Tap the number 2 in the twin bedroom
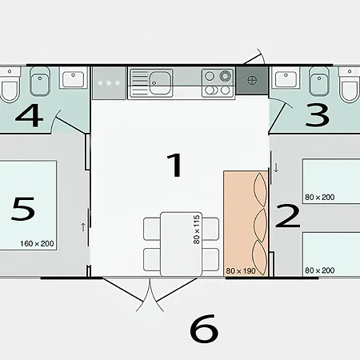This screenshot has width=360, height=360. tap(287, 215)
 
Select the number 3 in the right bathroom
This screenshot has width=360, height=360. tap(318, 116)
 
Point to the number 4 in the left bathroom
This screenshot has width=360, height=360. tap(28, 116)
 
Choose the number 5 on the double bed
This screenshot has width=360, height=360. tap(24, 210)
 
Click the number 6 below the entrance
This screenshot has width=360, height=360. tap(204, 328)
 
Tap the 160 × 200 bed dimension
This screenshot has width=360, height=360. tap(38, 242)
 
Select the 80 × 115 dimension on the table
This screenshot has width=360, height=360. tap(194, 229)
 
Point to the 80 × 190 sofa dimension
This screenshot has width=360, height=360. tap(241, 270)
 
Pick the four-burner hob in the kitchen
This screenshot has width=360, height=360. tap(217, 79)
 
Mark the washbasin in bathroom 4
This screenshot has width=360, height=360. tap(73, 80)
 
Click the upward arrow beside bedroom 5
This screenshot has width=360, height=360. tap(82, 227)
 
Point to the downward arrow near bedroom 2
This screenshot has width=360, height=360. tap(276, 168)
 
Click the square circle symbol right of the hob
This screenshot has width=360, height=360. tap(253, 81)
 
